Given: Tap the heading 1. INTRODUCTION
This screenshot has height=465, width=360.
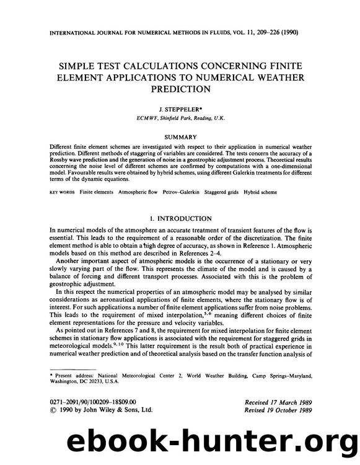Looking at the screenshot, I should pos(180,218).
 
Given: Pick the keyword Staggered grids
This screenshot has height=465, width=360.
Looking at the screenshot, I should pos(234,193).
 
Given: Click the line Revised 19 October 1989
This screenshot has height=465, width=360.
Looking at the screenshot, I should pos(277,411).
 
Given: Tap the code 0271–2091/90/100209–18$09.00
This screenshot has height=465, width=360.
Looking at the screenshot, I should pos(92,402).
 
